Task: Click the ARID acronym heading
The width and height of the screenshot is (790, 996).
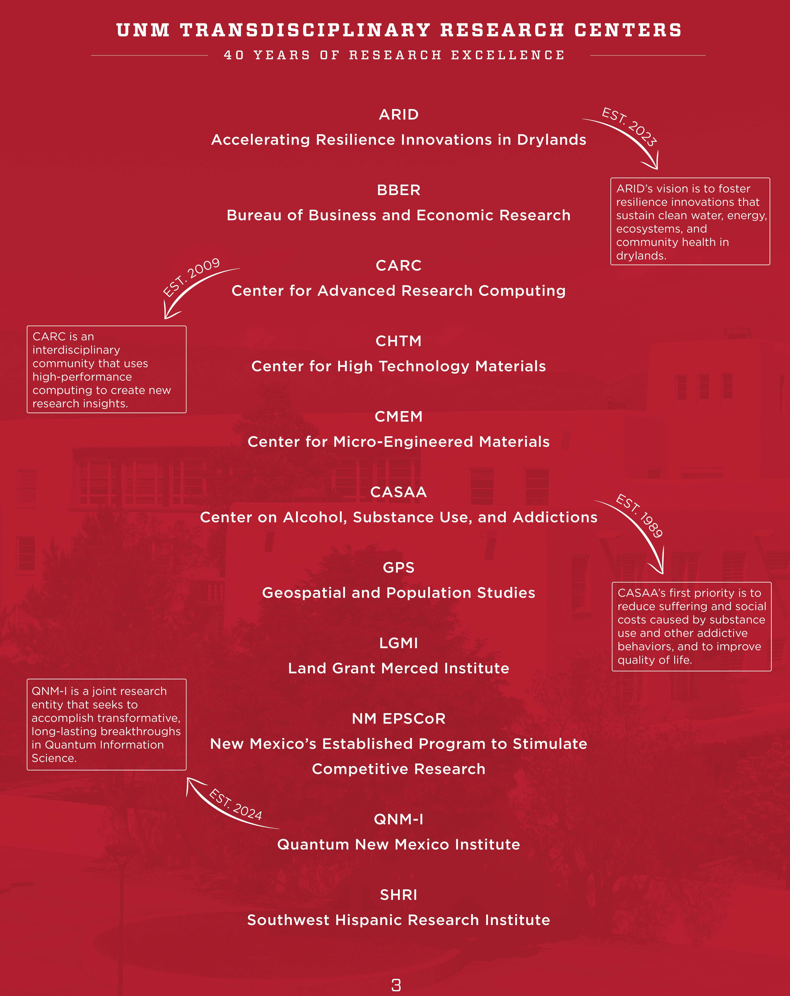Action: click(399, 115)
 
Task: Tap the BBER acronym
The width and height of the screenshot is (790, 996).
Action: click(399, 190)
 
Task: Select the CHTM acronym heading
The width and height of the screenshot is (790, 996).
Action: click(399, 341)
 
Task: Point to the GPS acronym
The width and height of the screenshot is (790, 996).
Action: click(399, 568)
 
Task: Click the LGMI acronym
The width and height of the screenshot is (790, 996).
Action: click(399, 643)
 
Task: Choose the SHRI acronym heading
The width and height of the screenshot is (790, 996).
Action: click(399, 895)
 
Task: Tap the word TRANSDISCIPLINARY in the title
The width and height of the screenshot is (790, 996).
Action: click(305, 31)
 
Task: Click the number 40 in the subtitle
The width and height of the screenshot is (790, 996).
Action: click(234, 55)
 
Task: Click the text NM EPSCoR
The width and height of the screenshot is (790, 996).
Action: click(399, 719)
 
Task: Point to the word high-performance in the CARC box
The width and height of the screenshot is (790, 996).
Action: click(82, 377)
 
